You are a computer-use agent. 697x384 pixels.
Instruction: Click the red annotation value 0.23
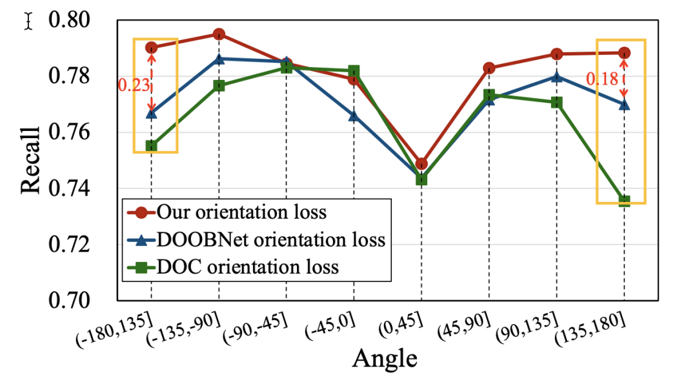pos(133,84)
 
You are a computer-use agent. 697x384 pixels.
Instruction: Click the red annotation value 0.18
pos(601,79)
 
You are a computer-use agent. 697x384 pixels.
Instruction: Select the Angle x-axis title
pos(384,358)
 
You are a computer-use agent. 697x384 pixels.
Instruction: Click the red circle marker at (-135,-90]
pos(219,34)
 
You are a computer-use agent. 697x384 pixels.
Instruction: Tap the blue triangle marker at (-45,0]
pos(354,116)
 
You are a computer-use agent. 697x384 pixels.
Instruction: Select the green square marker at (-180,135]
pos(151,146)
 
